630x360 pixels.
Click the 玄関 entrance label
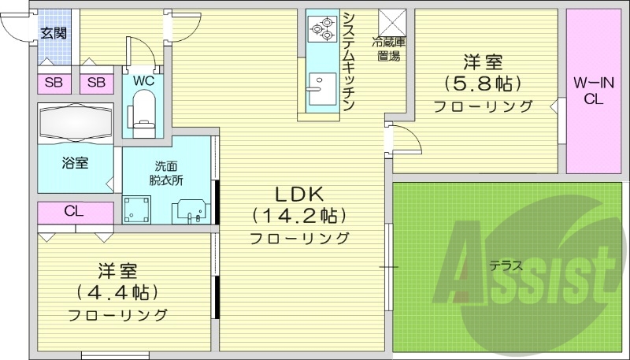tap(54, 32)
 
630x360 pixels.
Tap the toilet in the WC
tap(143, 108)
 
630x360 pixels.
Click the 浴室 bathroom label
tap(76, 163)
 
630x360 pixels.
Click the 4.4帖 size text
tap(118, 293)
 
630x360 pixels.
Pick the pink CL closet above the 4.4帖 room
tap(75, 211)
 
